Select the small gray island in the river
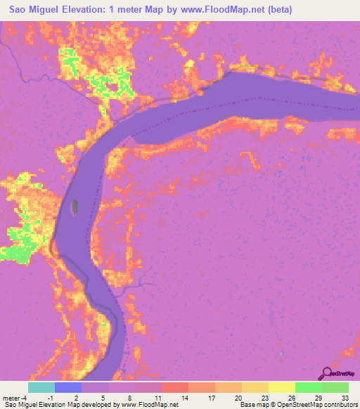(74, 206)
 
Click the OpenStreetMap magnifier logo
(327, 374)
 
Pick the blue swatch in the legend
(68, 387)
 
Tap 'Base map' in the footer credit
(253, 405)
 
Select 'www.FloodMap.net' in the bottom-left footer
(148, 405)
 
